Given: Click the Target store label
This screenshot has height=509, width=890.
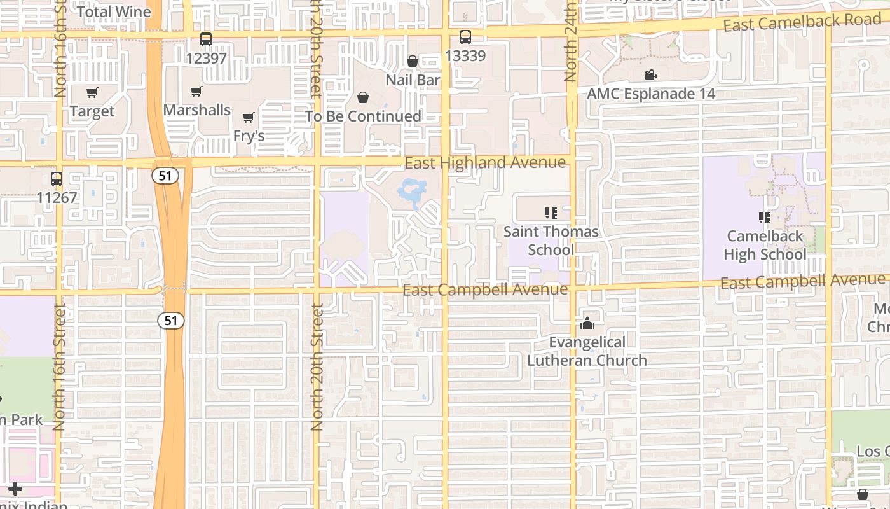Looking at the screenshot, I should (92, 111).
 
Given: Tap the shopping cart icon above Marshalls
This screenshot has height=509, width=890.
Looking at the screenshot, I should (196, 92).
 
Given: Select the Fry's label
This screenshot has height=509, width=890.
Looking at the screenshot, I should (249, 136).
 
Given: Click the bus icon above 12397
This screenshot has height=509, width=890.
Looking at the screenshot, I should (206, 39).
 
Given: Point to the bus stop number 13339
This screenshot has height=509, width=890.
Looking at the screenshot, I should (465, 55).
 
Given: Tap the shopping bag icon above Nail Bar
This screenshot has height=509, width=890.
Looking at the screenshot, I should (413, 61).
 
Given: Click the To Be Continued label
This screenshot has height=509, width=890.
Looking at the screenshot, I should (363, 116).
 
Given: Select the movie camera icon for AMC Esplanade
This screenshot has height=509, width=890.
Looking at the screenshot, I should (650, 75).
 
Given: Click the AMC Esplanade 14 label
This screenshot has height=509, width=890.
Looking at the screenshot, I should (651, 94).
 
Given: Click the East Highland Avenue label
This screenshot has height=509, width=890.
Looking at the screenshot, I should (485, 163).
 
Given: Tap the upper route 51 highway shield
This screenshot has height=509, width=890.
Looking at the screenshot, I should (165, 176).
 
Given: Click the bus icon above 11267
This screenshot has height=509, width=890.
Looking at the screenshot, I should (57, 179).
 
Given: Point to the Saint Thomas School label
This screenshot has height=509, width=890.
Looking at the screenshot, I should (551, 241).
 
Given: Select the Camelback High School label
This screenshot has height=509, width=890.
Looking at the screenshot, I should (765, 245).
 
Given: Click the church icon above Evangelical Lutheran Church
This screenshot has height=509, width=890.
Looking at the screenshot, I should (587, 323).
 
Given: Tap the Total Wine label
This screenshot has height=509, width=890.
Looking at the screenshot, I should (114, 11).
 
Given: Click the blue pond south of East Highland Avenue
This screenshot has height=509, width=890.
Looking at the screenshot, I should (412, 192).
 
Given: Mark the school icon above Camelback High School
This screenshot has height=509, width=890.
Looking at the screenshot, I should (765, 218).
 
